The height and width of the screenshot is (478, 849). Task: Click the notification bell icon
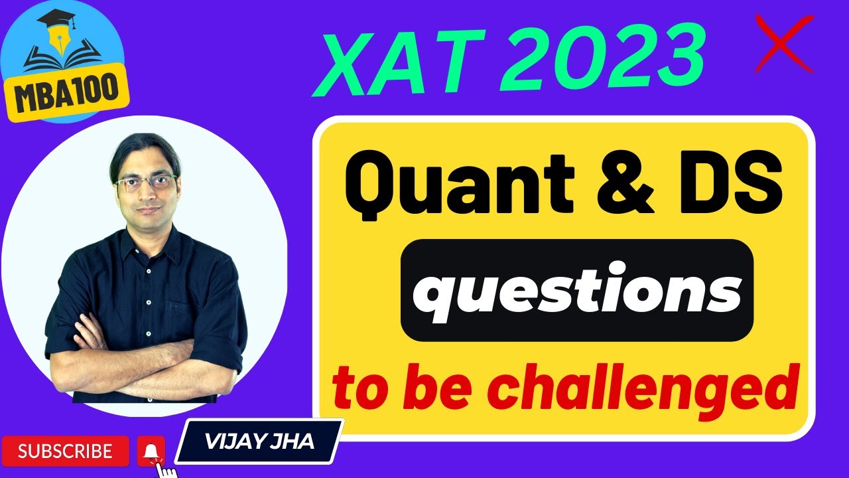pyautogui.click(x=151, y=451)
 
